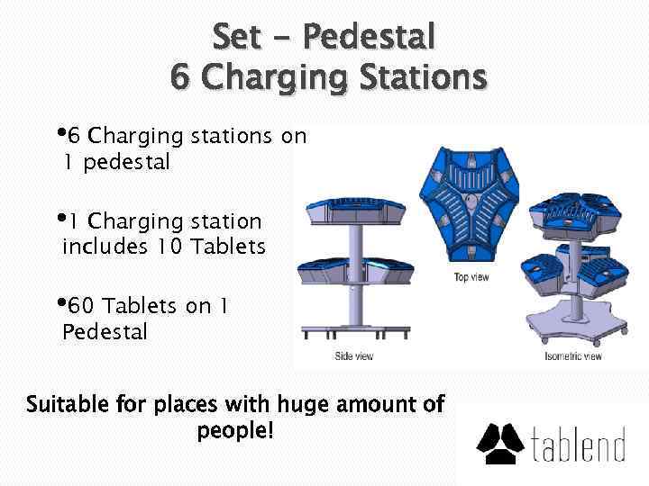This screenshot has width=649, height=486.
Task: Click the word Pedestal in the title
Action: click(370, 37)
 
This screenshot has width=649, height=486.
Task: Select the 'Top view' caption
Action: click(471, 277)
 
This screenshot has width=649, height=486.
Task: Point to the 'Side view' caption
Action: click(353, 356)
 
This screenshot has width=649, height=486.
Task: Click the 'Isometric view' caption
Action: click(572, 356)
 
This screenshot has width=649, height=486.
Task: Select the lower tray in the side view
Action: click(356, 268)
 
